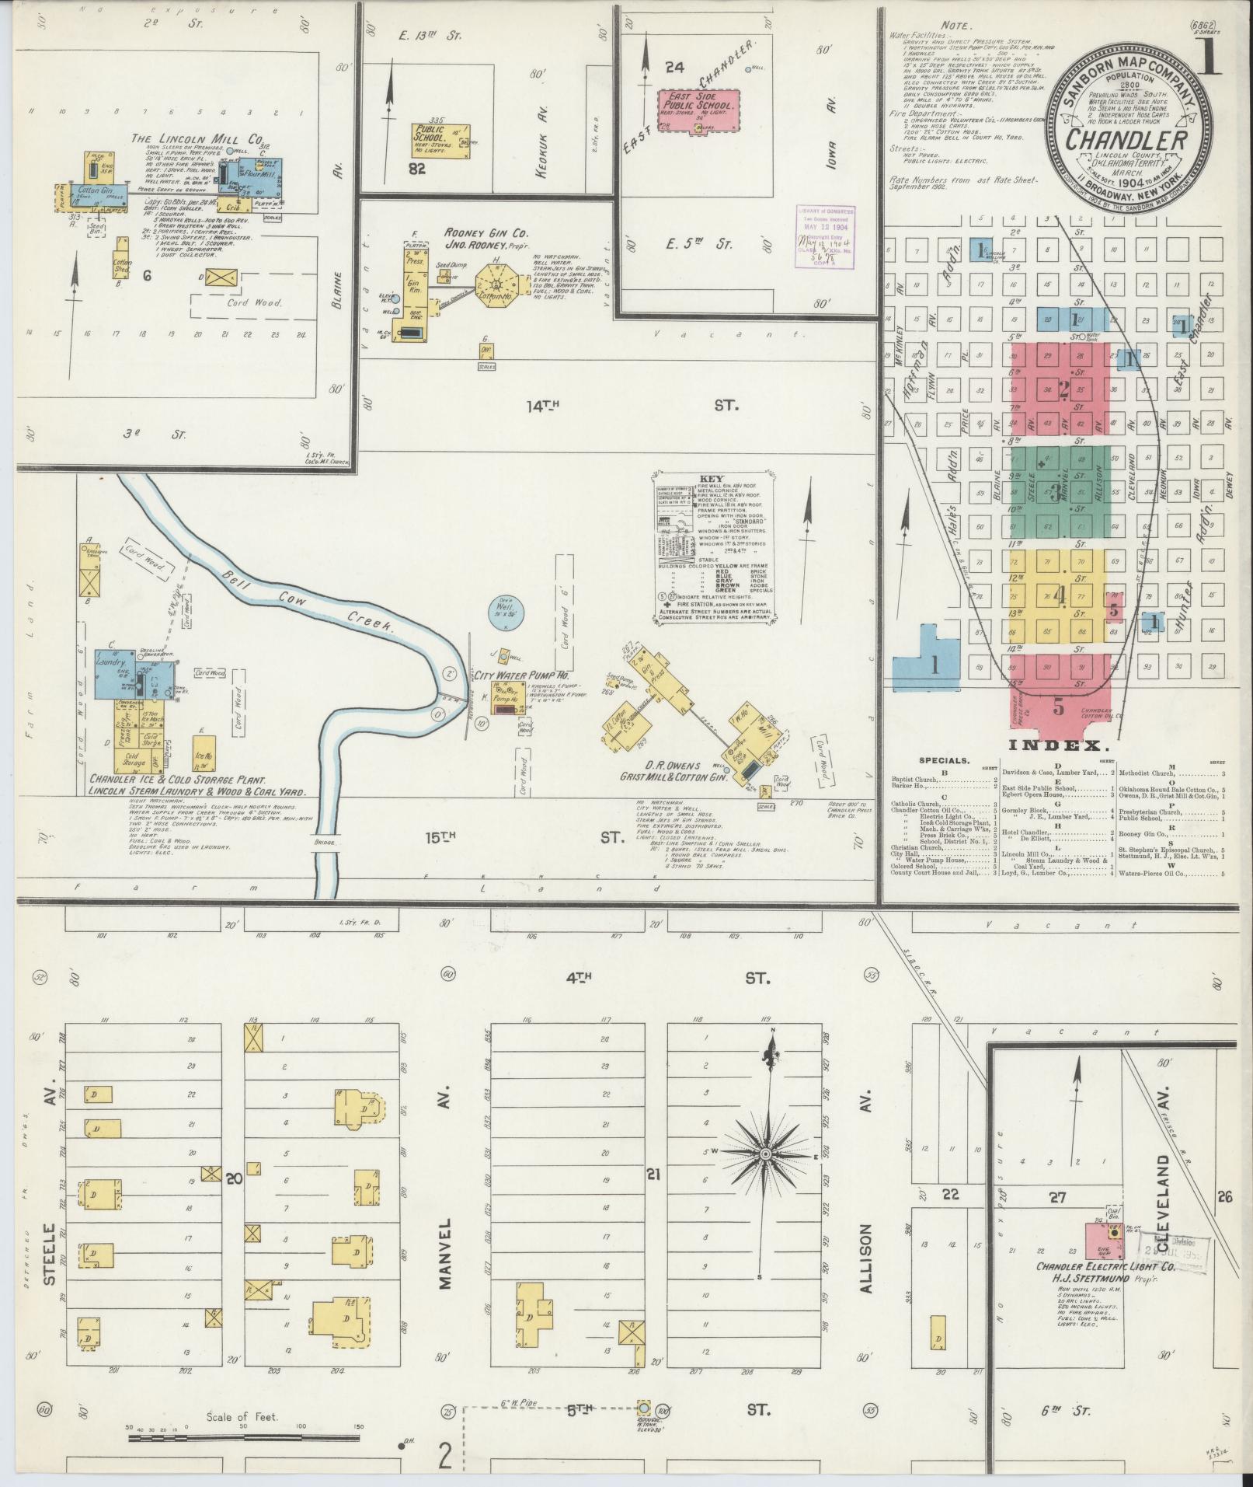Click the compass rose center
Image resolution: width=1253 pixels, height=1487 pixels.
pyautogui.click(x=765, y=1177)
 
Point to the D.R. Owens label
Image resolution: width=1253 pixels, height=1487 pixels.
pyautogui.click(x=669, y=765)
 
